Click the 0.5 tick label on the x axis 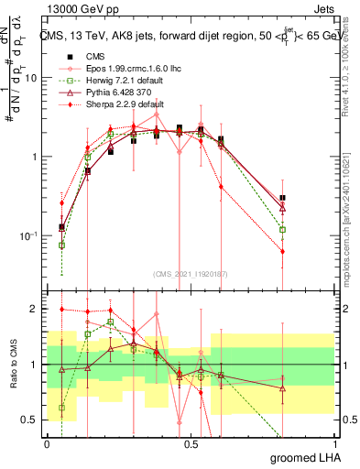click(191, 444)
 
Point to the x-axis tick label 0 click(47, 444)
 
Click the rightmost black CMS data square click(283, 198)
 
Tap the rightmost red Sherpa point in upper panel click(283, 251)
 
